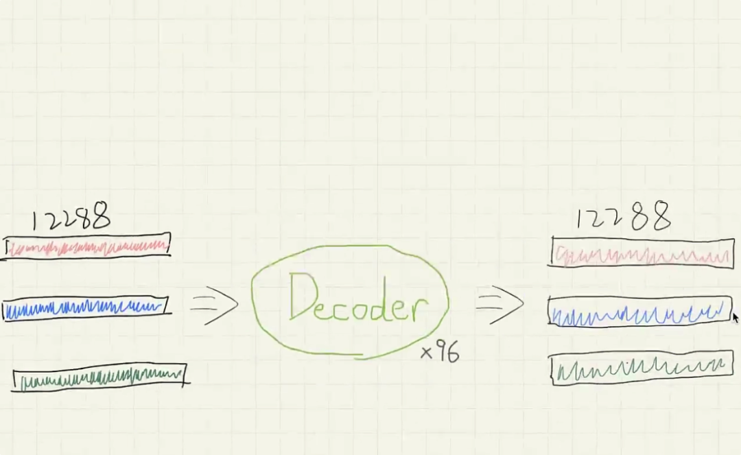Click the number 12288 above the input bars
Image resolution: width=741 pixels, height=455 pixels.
pyautogui.click(x=71, y=218)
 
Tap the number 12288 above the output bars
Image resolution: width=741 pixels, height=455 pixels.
pyautogui.click(x=622, y=218)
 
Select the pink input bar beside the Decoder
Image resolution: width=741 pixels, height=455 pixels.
pyautogui.click(x=87, y=246)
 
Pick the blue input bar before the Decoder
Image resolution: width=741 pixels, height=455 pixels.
pyautogui.click(x=85, y=309)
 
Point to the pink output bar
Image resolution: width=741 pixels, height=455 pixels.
pyautogui.click(x=642, y=253)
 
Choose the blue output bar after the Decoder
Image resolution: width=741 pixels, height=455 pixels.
pyautogui.click(x=640, y=312)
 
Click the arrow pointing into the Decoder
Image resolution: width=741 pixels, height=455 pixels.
pyautogui.click(x=214, y=303)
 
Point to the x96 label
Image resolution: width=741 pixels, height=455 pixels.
pyautogui.click(x=440, y=353)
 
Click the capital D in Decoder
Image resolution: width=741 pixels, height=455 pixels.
pyautogui.click(x=303, y=296)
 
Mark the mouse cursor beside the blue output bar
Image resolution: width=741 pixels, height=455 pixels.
pyautogui.click(x=736, y=317)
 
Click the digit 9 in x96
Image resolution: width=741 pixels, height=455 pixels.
pyautogui.click(x=440, y=352)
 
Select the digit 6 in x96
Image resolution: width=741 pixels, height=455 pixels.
pyautogui.click(x=452, y=353)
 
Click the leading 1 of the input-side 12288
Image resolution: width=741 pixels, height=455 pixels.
pyautogui.click(x=36, y=220)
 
